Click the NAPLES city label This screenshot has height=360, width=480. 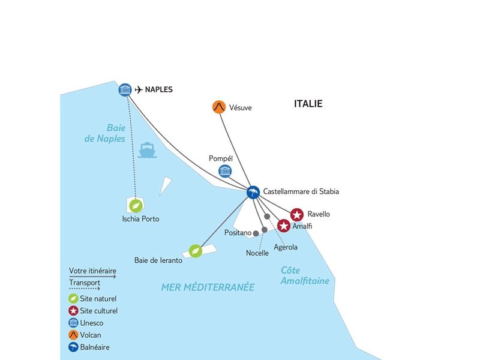click(158, 89)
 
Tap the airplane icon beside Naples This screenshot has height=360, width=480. click(139, 89)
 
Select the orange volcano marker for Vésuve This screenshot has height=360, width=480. click(219, 107)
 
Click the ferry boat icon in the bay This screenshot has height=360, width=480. click(147, 150)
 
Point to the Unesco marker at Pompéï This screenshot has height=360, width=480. click(225, 171)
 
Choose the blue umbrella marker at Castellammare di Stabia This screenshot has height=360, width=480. click(253, 192)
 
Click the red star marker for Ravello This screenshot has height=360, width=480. click(296, 215)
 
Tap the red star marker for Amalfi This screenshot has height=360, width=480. click(284, 226)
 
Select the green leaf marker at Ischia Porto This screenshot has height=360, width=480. click(136, 206)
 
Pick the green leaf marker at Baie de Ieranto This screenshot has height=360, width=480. click(196, 251)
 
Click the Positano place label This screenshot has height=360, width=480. click(238, 233)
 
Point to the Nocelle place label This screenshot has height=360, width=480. click(257, 253)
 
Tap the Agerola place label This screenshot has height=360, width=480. click(286, 247)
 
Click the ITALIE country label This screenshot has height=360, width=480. click(308, 104)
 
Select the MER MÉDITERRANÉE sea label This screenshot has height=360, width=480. click(208, 287)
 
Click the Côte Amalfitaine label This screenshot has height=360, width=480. click(305, 275)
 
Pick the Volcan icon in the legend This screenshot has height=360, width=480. click(73, 335)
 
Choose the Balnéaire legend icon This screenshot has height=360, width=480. click(73, 347)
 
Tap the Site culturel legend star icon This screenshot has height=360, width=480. click(73, 311)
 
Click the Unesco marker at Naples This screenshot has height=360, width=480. click(125, 89)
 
